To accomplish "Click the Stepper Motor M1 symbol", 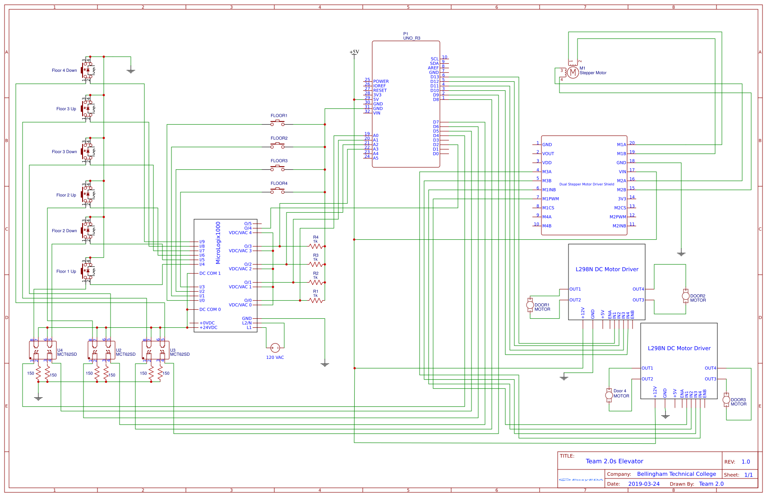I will pos(573,72).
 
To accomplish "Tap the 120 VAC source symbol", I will pos(275,348).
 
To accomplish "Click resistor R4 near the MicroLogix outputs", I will pos(316,246).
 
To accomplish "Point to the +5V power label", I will pos(354,52).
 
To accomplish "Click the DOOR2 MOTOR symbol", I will pos(685,296).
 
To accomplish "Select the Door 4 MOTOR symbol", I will pos(609,395).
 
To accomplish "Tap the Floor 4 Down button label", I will pos(64,70).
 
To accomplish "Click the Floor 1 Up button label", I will pos(66,271).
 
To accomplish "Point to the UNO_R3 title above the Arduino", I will pos(411,38).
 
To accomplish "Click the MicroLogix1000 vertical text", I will pos(218,243).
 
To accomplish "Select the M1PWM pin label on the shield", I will pos(550,199).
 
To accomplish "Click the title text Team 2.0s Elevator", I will pos(614,461).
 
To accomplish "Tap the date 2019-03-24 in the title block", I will pos(643,483).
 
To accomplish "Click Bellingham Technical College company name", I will pos(676,474).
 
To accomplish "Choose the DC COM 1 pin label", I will pos(210,273).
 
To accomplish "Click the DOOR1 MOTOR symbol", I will pos(530,305).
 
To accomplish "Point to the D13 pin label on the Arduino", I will pos(434,77).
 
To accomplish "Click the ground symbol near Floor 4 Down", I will pos(131,71).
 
